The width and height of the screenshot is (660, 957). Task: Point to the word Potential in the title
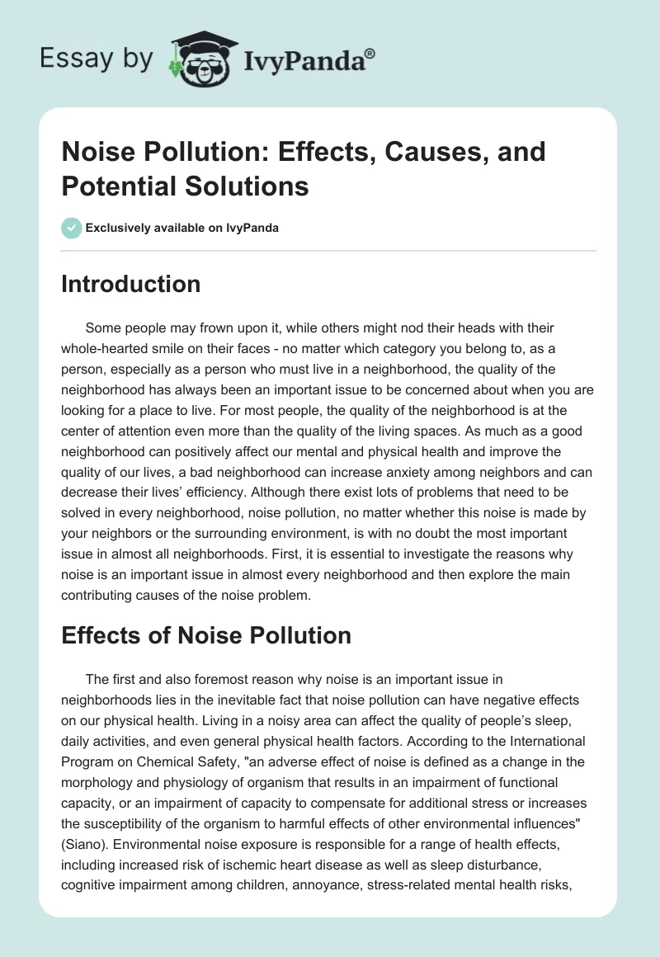click(x=112, y=186)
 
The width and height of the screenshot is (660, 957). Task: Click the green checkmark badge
click(x=72, y=228)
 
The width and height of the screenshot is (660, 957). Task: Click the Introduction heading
click(x=131, y=284)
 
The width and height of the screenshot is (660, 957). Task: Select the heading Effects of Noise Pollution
click(x=206, y=635)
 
